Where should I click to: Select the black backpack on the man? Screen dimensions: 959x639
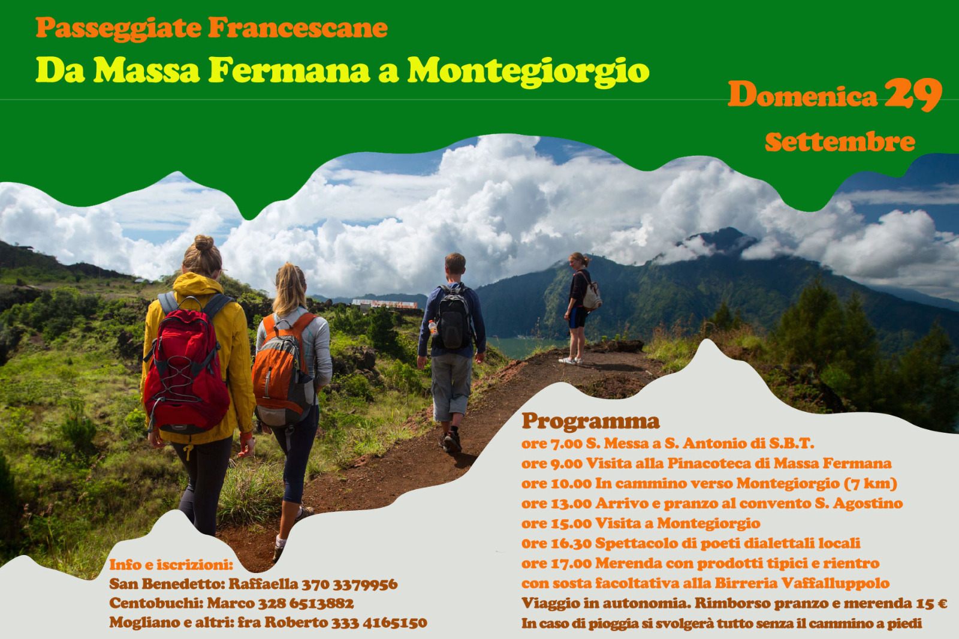453,317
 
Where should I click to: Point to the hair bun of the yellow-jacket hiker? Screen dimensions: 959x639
204,243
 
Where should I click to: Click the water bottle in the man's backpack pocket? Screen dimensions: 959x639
433,328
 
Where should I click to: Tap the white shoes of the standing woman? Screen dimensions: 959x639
570,361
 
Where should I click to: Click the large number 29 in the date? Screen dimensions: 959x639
913,95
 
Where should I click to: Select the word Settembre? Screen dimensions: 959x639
840,142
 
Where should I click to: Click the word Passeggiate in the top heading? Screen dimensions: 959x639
119,28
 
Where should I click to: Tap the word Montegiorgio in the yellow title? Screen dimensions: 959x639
528,71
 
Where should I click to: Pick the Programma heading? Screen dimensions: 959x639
590,421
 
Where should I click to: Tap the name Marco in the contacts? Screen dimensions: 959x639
231,604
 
